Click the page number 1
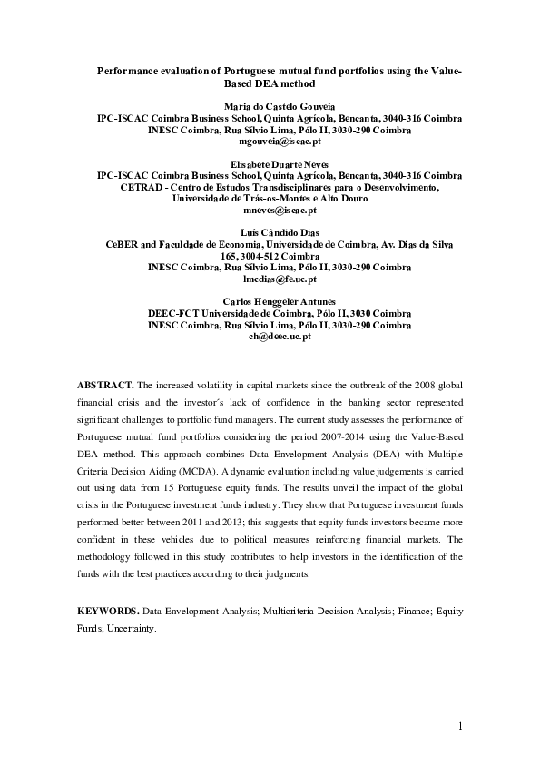tap(460, 726)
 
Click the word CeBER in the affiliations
tap(125, 245)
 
